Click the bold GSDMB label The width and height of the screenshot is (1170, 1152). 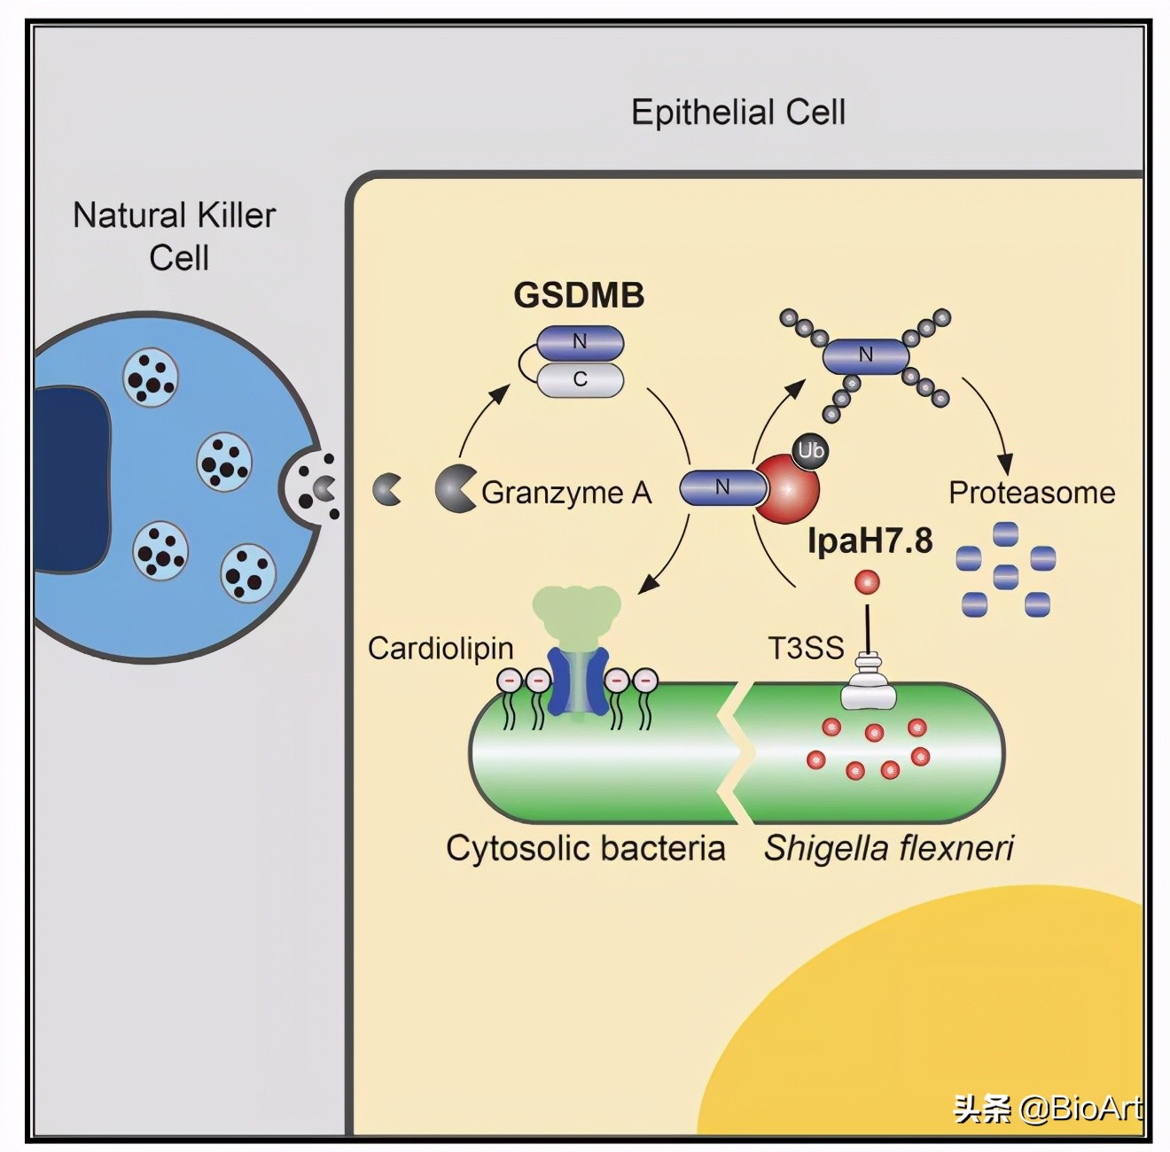579,295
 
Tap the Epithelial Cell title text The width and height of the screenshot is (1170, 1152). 737,113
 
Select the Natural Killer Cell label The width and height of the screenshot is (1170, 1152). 175,236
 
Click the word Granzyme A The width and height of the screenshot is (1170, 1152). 566,493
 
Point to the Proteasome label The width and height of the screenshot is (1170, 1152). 1032,493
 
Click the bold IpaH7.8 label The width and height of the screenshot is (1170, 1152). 870,541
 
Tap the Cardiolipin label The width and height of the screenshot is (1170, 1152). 441,649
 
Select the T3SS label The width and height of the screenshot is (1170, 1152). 806,649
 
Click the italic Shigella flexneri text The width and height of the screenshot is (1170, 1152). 889,848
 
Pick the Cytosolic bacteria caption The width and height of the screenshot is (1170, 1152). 585,848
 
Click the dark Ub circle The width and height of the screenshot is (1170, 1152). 810,451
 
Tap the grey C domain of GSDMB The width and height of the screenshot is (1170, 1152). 581,379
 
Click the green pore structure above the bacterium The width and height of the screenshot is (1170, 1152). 577,611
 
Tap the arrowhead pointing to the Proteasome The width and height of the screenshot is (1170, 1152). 1004,463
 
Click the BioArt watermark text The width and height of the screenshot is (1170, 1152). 1048,1109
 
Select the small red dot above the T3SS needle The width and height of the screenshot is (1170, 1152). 867,582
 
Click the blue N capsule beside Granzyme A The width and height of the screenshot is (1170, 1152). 723,487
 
